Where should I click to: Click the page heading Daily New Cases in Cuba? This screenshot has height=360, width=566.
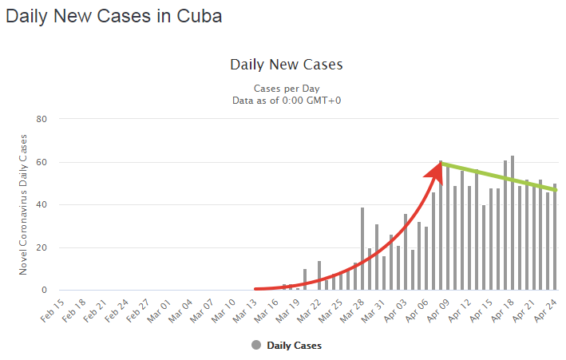pyautogui.click(x=113, y=15)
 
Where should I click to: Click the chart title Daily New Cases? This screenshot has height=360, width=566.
pyautogui.click(x=286, y=65)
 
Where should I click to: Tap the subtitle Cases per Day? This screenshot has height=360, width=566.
pyautogui.click(x=286, y=88)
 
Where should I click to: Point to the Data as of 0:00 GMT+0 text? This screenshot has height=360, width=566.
pyautogui.click(x=286, y=100)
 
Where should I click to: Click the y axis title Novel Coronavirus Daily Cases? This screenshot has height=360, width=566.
pyautogui.click(x=23, y=204)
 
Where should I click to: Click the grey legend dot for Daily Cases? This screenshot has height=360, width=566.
pyautogui.click(x=255, y=345)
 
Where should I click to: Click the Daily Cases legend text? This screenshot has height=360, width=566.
pyautogui.click(x=294, y=346)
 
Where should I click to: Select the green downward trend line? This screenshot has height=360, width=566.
pyautogui.click(x=499, y=176)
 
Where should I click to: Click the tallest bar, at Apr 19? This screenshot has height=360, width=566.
pyautogui.click(x=513, y=224)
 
